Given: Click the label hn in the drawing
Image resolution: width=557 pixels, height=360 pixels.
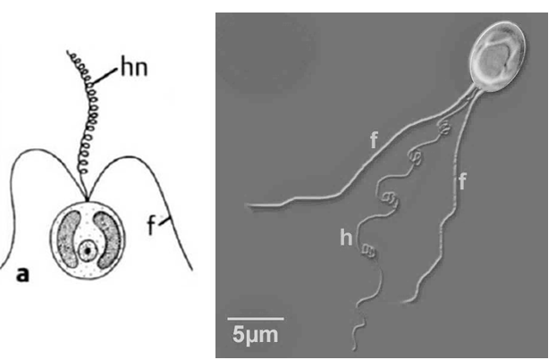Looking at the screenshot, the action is [x=134, y=68].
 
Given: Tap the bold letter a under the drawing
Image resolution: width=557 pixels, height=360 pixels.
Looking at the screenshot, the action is [x=22, y=274].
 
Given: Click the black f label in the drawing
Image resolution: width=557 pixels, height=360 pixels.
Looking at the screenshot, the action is [x=151, y=225].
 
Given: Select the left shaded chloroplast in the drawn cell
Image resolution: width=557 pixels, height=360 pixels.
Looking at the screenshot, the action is [x=69, y=239].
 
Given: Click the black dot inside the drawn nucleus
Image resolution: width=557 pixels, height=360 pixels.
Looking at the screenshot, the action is [x=87, y=251].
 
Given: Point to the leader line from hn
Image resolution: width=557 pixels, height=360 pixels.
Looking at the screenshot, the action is [x=104, y=76].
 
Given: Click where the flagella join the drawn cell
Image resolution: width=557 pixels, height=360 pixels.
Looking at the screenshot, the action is [x=87, y=199].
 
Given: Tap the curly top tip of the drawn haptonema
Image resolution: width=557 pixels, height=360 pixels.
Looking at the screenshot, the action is [x=68, y=53].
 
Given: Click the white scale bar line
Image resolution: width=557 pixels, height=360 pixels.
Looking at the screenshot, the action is [x=256, y=319].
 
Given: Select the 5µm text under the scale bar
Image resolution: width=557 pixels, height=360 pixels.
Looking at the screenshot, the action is [x=255, y=334].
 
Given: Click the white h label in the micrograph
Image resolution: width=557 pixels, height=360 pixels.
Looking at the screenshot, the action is [x=346, y=237].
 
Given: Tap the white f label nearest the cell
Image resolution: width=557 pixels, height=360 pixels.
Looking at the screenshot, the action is [x=374, y=139].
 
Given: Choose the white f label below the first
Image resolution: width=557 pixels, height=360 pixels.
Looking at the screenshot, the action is [x=461, y=181].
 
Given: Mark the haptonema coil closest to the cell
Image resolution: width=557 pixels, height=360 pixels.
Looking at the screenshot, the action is [x=443, y=128].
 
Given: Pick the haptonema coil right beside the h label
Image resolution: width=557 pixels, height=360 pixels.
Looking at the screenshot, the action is [x=369, y=251].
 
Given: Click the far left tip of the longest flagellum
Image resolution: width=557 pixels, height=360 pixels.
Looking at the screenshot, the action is [x=248, y=205].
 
